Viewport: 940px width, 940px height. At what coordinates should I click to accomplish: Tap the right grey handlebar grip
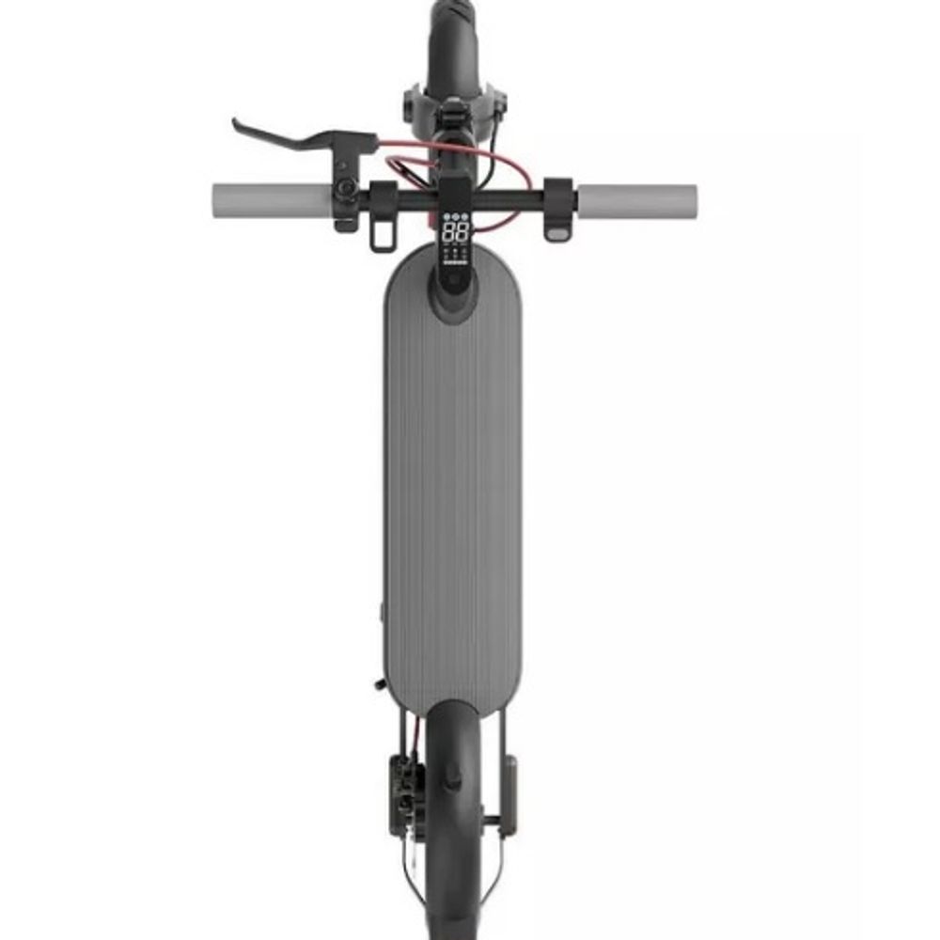click(x=637, y=199)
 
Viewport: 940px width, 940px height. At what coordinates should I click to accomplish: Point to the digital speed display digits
click(x=455, y=232)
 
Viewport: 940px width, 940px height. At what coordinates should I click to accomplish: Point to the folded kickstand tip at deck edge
click(x=378, y=684)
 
